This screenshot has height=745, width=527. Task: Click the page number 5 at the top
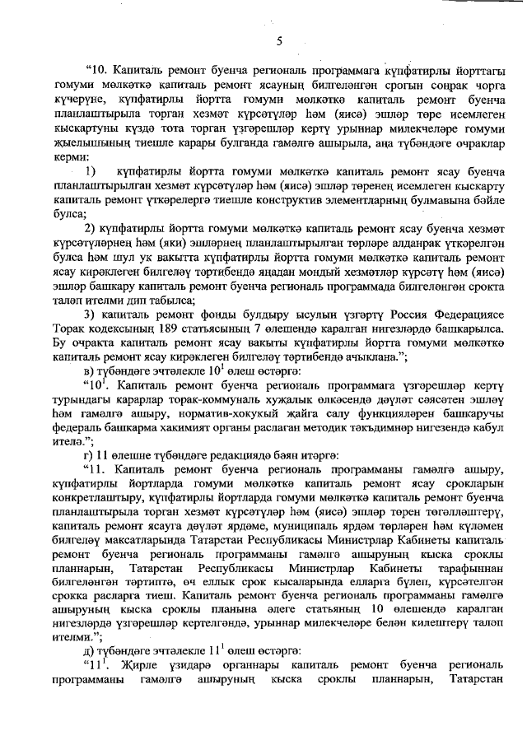coord(279,40)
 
